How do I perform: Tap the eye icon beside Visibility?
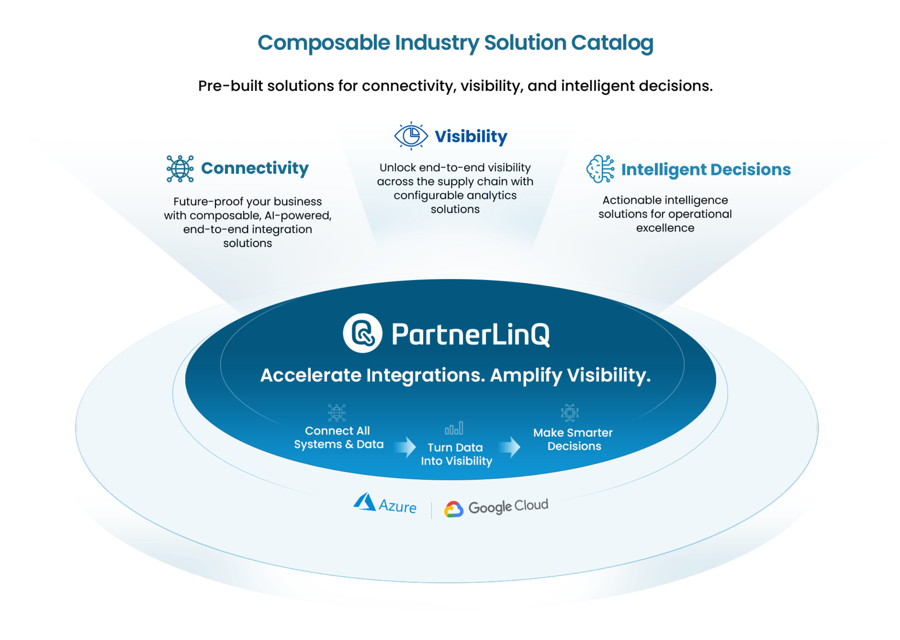(411, 136)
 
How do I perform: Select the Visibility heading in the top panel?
(471, 137)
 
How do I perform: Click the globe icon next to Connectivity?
(180, 168)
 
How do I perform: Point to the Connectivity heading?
(255, 168)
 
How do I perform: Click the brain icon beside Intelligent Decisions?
(600, 169)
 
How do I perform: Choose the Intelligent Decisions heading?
(706, 170)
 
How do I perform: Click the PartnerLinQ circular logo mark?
(362, 333)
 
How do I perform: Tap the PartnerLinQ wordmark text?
(470, 334)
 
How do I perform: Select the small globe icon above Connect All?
(337, 413)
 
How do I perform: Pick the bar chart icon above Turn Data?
(454, 428)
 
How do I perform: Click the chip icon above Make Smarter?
(570, 413)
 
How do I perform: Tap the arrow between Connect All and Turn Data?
(406, 447)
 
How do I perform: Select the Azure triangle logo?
(365, 502)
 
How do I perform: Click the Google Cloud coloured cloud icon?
(454, 509)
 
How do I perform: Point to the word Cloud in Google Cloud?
(531, 505)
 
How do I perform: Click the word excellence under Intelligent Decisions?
(665, 228)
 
